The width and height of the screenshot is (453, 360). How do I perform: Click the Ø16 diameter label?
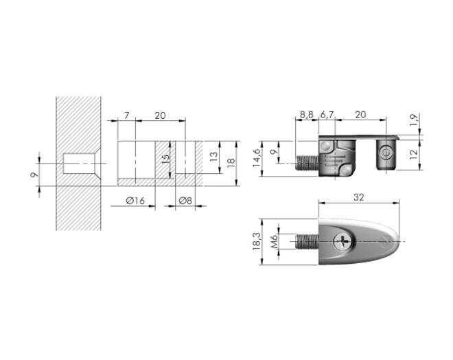point(135,201)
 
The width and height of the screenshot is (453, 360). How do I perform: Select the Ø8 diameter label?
point(185,201)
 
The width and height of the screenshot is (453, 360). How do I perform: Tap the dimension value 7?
point(127,115)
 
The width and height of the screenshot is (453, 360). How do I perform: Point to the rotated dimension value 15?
point(165,159)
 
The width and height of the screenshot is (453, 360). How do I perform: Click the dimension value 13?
point(213,157)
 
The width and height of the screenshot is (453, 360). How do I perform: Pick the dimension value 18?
point(231,163)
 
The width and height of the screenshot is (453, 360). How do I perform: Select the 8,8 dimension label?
point(307,115)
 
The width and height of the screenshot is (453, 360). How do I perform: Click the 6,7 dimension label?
point(327,115)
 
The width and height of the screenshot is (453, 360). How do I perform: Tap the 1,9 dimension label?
point(414,120)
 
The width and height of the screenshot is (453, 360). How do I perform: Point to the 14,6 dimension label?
point(257,158)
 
